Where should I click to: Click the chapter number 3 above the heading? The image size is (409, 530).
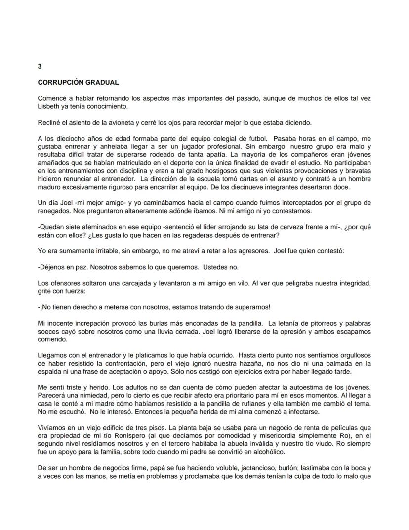pyautogui.click(x=40, y=66)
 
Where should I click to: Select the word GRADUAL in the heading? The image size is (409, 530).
pyautogui.click(x=103, y=82)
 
